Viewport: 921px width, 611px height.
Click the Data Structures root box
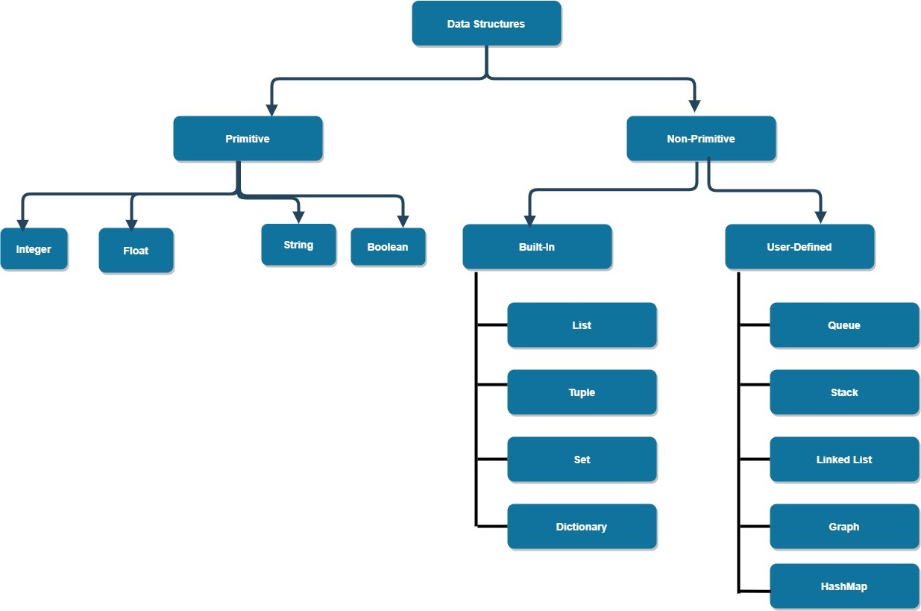click(486, 24)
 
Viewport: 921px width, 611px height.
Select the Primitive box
click(248, 139)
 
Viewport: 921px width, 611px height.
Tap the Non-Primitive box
click(701, 139)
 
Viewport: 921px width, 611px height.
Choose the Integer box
click(34, 249)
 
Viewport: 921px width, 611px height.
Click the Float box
click(136, 251)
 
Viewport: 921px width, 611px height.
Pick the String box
click(298, 245)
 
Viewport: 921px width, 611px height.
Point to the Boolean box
click(388, 247)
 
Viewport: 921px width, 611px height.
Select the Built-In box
click(537, 247)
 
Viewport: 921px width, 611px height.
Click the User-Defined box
click(799, 247)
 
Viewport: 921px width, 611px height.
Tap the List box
click(582, 325)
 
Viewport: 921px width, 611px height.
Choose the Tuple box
click(582, 392)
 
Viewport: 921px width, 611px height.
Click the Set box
click(582, 460)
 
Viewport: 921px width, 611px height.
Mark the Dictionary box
click(582, 527)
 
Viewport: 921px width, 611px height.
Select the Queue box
click(844, 325)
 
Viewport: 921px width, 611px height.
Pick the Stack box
click(844, 392)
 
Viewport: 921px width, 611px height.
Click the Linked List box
click(844, 460)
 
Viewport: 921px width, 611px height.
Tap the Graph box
click(844, 527)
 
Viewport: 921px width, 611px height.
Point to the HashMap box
click(844, 586)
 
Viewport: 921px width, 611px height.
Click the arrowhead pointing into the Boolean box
click(403, 221)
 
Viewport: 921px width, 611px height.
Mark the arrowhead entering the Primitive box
click(271, 109)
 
